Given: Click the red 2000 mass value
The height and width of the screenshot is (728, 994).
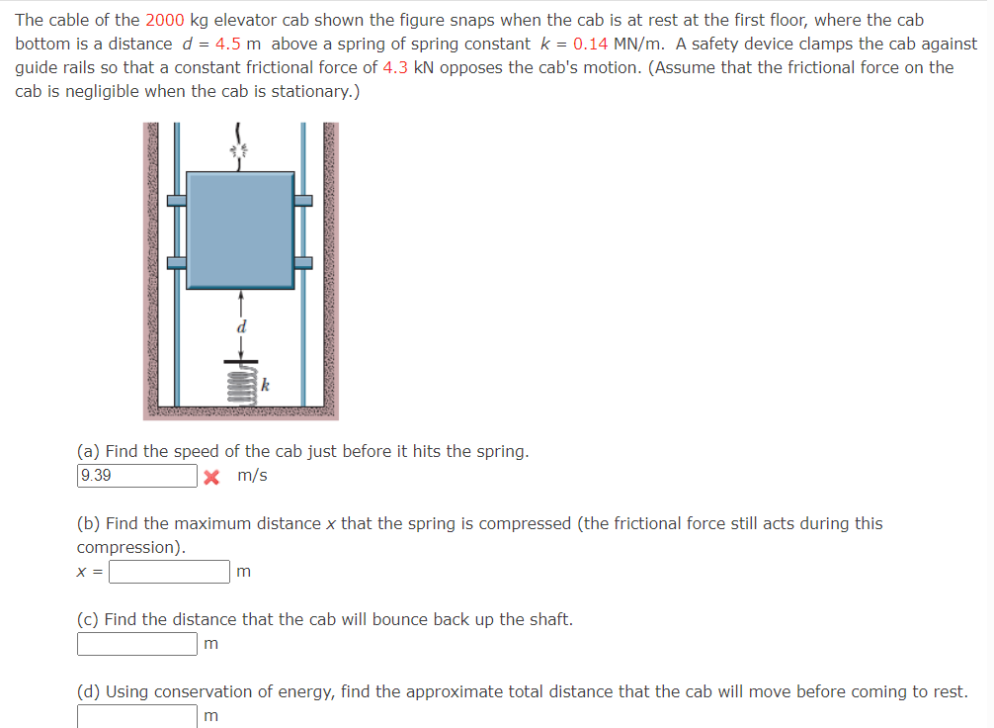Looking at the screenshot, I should tap(164, 20).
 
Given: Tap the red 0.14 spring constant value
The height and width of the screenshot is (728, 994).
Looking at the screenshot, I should tap(590, 44).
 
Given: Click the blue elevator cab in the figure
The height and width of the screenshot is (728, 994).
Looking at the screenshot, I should tap(240, 229).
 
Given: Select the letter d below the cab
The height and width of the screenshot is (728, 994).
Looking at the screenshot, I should tap(240, 325).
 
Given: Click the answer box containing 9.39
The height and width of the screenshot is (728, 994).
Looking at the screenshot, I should tap(136, 476).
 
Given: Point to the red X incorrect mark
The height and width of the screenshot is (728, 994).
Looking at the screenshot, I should tap(210, 477).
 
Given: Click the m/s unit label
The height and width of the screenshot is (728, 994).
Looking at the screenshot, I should tap(253, 476).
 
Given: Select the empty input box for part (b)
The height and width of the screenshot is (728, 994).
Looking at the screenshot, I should tap(169, 572).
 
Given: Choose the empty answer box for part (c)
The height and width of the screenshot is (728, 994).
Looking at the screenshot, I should tap(136, 644).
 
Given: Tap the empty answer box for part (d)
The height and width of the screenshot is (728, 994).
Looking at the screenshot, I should tap(136, 715).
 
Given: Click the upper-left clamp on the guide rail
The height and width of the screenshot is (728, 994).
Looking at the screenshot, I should tap(177, 200).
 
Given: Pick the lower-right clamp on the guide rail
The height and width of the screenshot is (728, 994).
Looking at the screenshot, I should tap(303, 263).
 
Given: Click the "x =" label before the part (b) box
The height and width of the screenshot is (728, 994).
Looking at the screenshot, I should tap(91, 572).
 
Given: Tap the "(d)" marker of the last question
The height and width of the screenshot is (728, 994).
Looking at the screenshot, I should tap(89, 691).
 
